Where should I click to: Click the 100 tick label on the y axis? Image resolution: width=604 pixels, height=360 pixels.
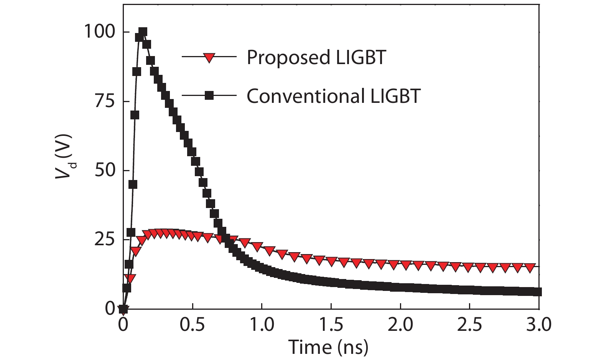(x=99, y=31)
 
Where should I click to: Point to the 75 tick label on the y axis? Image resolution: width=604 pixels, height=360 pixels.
(x=104, y=101)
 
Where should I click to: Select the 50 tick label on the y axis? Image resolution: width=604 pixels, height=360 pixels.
(x=104, y=170)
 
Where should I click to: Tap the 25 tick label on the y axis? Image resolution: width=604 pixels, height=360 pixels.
(x=104, y=239)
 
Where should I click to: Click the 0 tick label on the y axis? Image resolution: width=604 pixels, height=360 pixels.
(x=110, y=309)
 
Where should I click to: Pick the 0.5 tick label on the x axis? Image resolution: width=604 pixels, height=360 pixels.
(x=192, y=325)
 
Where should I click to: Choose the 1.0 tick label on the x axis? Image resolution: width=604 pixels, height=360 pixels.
(x=262, y=325)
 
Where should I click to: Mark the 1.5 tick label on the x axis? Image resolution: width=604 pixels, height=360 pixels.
(x=331, y=325)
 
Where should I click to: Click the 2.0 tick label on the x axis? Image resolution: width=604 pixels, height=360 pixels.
(x=400, y=325)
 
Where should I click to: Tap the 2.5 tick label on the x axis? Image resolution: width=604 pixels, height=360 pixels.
(x=470, y=325)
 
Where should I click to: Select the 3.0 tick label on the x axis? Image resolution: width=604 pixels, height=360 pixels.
(x=539, y=325)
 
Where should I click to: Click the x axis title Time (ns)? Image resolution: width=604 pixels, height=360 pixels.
(x=328, y=347)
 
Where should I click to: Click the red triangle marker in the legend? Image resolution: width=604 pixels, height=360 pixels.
(x=209, y=58)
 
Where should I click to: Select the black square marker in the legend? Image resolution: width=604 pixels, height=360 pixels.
(x=209, y=96)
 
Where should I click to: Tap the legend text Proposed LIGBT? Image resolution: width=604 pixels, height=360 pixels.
(x=316, y=58)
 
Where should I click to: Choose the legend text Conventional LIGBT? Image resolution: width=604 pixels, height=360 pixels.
(x=333, y=96)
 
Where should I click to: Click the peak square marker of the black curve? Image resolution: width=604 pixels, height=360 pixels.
(x=143, y=31)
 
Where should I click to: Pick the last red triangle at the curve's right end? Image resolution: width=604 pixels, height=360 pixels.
(x=530, y=268)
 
